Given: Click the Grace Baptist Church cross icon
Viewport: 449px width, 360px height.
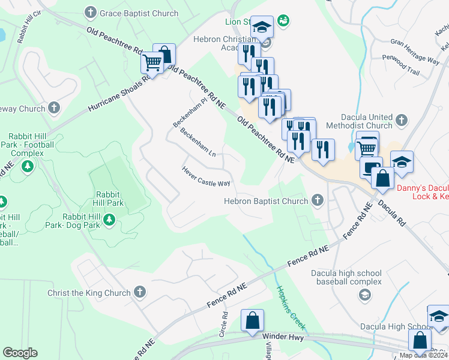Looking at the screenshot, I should click(91, 13).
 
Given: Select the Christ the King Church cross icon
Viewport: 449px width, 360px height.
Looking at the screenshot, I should click(139, 292).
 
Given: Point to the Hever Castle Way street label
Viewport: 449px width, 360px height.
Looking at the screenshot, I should click(206, 176).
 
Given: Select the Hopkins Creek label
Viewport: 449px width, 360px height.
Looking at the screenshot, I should click(290, 307).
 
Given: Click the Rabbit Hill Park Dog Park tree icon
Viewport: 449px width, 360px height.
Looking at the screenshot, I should click(109, 221).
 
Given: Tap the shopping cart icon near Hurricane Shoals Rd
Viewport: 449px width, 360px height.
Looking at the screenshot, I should click(152, 61).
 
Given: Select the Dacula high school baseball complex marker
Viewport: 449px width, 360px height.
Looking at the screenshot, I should click(364, 293).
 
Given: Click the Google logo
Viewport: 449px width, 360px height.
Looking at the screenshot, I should click(20, 353).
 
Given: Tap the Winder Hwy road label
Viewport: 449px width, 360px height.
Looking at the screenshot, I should click(284, 337).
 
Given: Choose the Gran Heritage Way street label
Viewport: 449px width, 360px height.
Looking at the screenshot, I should click(415, 51).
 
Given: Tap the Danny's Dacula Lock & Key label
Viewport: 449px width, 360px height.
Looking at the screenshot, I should click(423, 191).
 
